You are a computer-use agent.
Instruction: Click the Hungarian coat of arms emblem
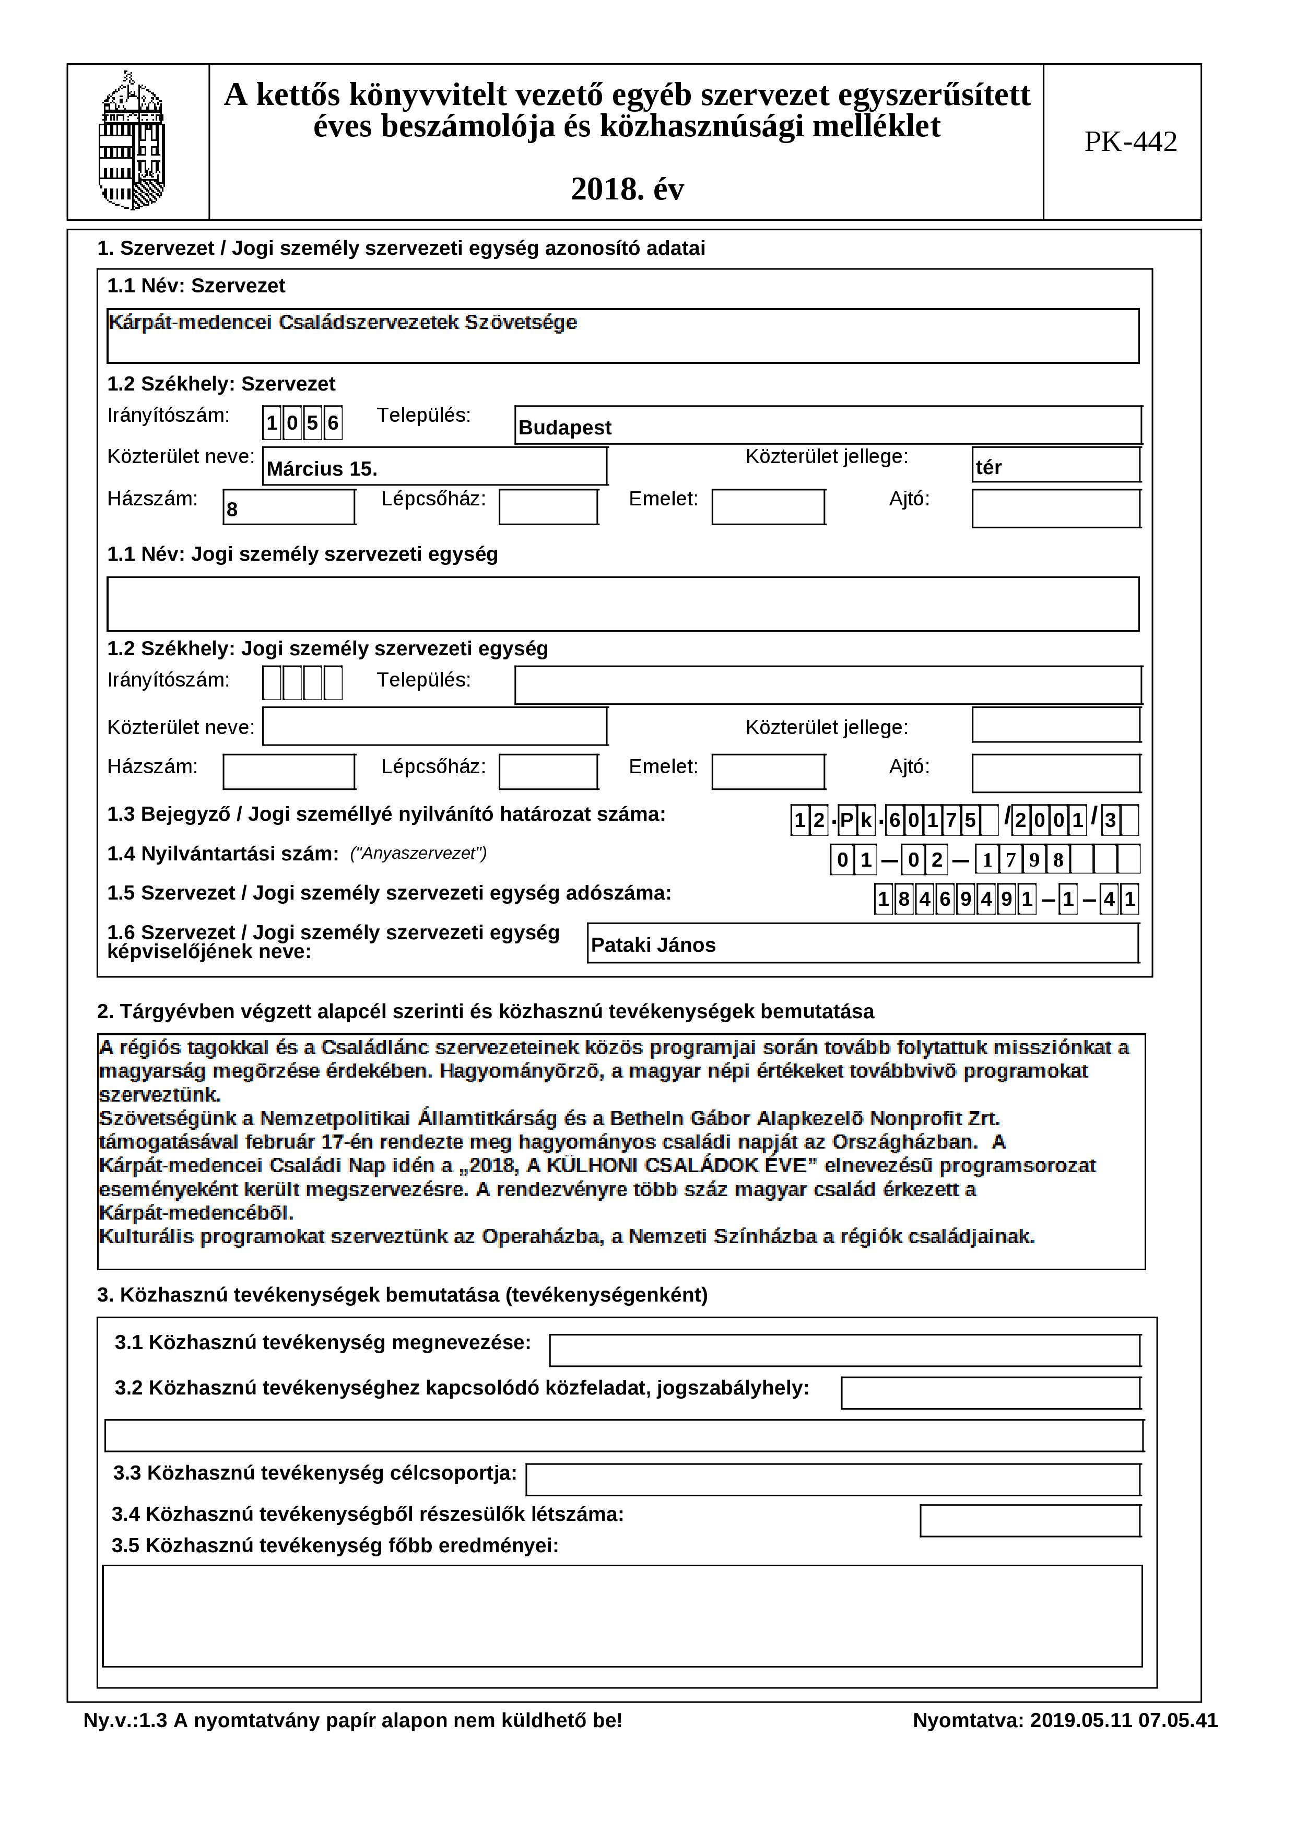pyautogui.click(x=132, y=141)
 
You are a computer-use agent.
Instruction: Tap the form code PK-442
pyautogui.click(x=1130, y=142)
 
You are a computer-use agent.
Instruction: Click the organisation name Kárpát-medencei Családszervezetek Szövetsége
pyautogui.click(x=343, y=322)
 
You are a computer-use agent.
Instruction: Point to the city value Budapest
pyautogui.click(x=565, y=428)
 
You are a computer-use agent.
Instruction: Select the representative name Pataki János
pyautogui.click(x=653, y=945)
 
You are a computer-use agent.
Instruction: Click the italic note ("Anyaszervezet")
pyautogui.click(x=418, y=854)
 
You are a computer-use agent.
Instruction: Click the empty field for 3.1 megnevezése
pyautogui.click(x=844, y=1351)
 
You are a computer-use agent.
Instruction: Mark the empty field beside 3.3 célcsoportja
pyautogui.click(x=833, y=1479)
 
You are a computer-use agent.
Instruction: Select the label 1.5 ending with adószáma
pyautogui.click(x=390, y=893)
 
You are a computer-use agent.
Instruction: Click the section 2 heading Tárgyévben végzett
pyautogui.click(x=485, y=1012)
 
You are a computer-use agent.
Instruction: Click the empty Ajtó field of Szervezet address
pyautogui.click(x=1056, y=509)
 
